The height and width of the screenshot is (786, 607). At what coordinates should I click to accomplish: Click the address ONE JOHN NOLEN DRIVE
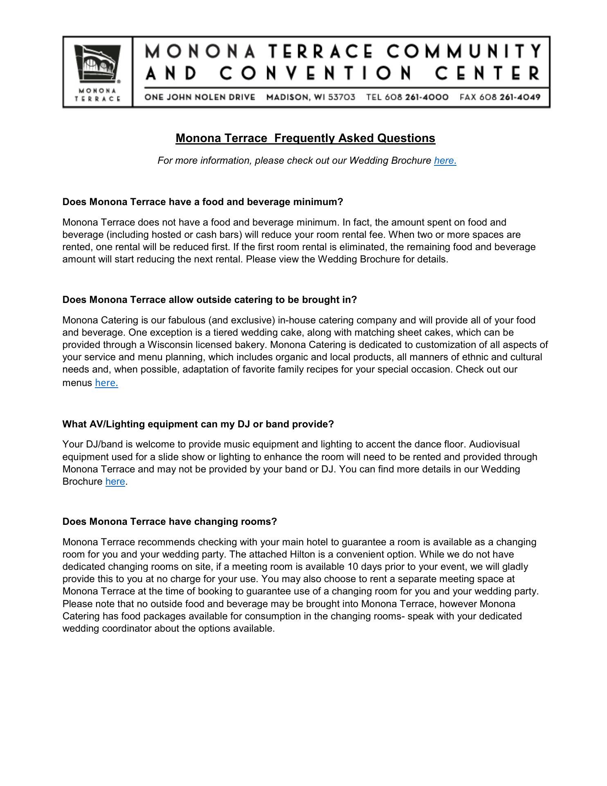click(x=200, y=97)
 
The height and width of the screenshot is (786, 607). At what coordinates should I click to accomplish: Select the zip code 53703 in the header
click(x=342, y=97)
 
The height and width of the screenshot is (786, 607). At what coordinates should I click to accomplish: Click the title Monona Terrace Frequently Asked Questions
click(x=305, y=138)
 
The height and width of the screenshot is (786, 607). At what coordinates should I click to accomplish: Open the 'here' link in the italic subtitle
click(x=444, y=160)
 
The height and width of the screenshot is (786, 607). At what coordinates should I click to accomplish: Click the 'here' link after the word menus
click(x=106, y=383)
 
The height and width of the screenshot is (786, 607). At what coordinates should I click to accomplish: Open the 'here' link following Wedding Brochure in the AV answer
click(x=115, y=481)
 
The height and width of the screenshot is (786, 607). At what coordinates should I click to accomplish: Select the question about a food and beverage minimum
click(x=202, y=202)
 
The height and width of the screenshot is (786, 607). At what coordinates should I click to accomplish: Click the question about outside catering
click(x=209, y=300)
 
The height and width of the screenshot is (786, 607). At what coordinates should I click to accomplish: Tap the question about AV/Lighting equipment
click(x=198, y=424)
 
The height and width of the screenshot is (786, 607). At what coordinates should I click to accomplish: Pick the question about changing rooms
click(x=169, y=522)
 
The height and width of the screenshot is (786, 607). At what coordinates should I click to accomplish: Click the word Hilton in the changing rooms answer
click(x=302, y=554)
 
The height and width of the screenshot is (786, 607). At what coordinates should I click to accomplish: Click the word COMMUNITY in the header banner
click(x=464, y=52)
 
